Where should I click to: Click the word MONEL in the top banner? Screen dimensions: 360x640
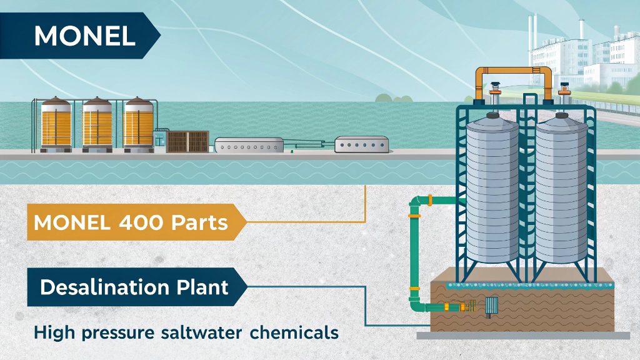(84, 36)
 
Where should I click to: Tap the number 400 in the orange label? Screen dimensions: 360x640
(156, 222)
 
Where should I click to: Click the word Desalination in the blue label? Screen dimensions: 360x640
(101, 287)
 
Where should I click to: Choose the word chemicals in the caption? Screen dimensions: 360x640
(294, 332)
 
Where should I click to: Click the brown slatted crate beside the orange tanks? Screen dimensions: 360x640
(187, 141)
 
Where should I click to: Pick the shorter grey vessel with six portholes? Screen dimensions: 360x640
(361, 146)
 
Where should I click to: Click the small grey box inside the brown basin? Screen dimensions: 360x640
(491, 306)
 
